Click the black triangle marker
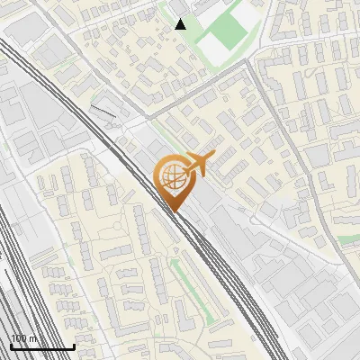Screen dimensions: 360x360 [x=181, y=24]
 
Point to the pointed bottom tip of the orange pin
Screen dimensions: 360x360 [x=172, y=211]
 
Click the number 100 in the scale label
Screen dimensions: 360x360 [x=20, y=338]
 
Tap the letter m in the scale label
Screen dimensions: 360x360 [x=34, y=339]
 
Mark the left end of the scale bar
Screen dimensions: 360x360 [x=10, y=347]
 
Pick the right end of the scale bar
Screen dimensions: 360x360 [x=74, y=347]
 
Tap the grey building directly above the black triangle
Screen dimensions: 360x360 [x=180, y=6]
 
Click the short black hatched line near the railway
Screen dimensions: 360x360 [x=104, y=112]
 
